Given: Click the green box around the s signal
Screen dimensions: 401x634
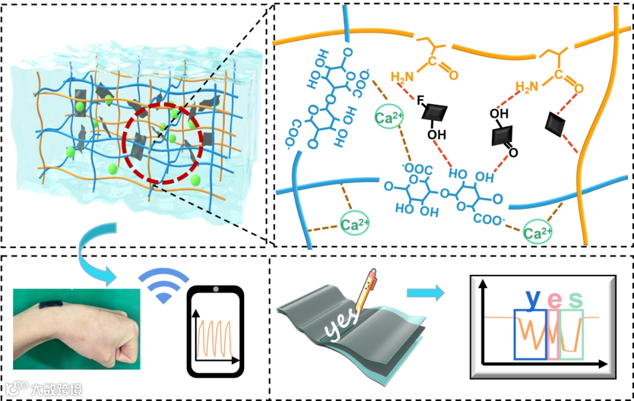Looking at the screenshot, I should tap(572, 335).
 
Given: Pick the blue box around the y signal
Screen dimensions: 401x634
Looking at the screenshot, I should tap(530, 335).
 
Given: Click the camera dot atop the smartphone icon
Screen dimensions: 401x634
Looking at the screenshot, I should tap(215, 289).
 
